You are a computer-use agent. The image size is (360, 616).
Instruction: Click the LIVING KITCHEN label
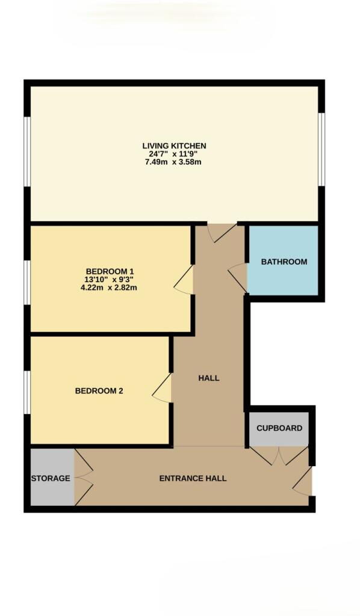(x=174, y=146)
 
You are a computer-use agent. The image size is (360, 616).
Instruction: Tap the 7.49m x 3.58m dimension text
(x=173, y=162)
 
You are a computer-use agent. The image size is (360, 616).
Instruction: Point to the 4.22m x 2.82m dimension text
(x=108, y=288)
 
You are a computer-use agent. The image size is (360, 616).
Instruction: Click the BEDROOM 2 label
(x=99, y=391)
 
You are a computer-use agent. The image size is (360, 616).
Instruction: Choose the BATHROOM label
(x=284, y=262)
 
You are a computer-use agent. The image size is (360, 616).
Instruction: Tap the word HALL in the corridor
(x=209, y=378)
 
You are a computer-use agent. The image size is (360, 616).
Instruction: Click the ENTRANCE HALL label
(x=193, y=478)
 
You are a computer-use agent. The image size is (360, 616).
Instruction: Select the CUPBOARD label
(x=279, y=428)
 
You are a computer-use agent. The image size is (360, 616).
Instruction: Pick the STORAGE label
(x=51, y=478)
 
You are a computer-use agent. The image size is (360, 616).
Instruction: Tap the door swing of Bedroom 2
(x=162, y=388)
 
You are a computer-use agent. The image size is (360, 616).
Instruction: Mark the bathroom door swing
(x=237, y=278)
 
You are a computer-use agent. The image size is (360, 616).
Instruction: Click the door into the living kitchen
(x=222, y=233)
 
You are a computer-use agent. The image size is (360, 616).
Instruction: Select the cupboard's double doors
(x=279, y=456)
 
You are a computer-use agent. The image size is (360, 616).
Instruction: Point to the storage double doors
(x=84, y=477)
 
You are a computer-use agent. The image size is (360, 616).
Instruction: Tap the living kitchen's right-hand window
(x=321, y=149)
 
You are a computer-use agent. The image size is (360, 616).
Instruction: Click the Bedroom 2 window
(x=28, y=392)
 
